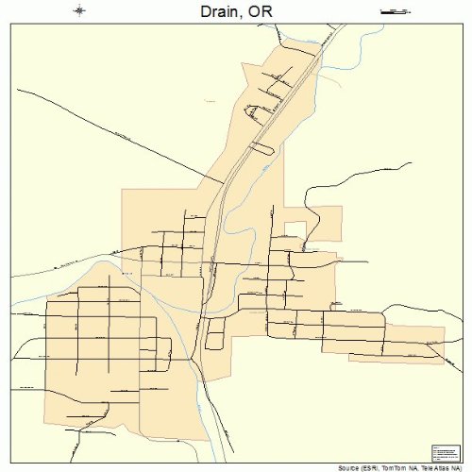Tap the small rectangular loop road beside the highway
(215, 332)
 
